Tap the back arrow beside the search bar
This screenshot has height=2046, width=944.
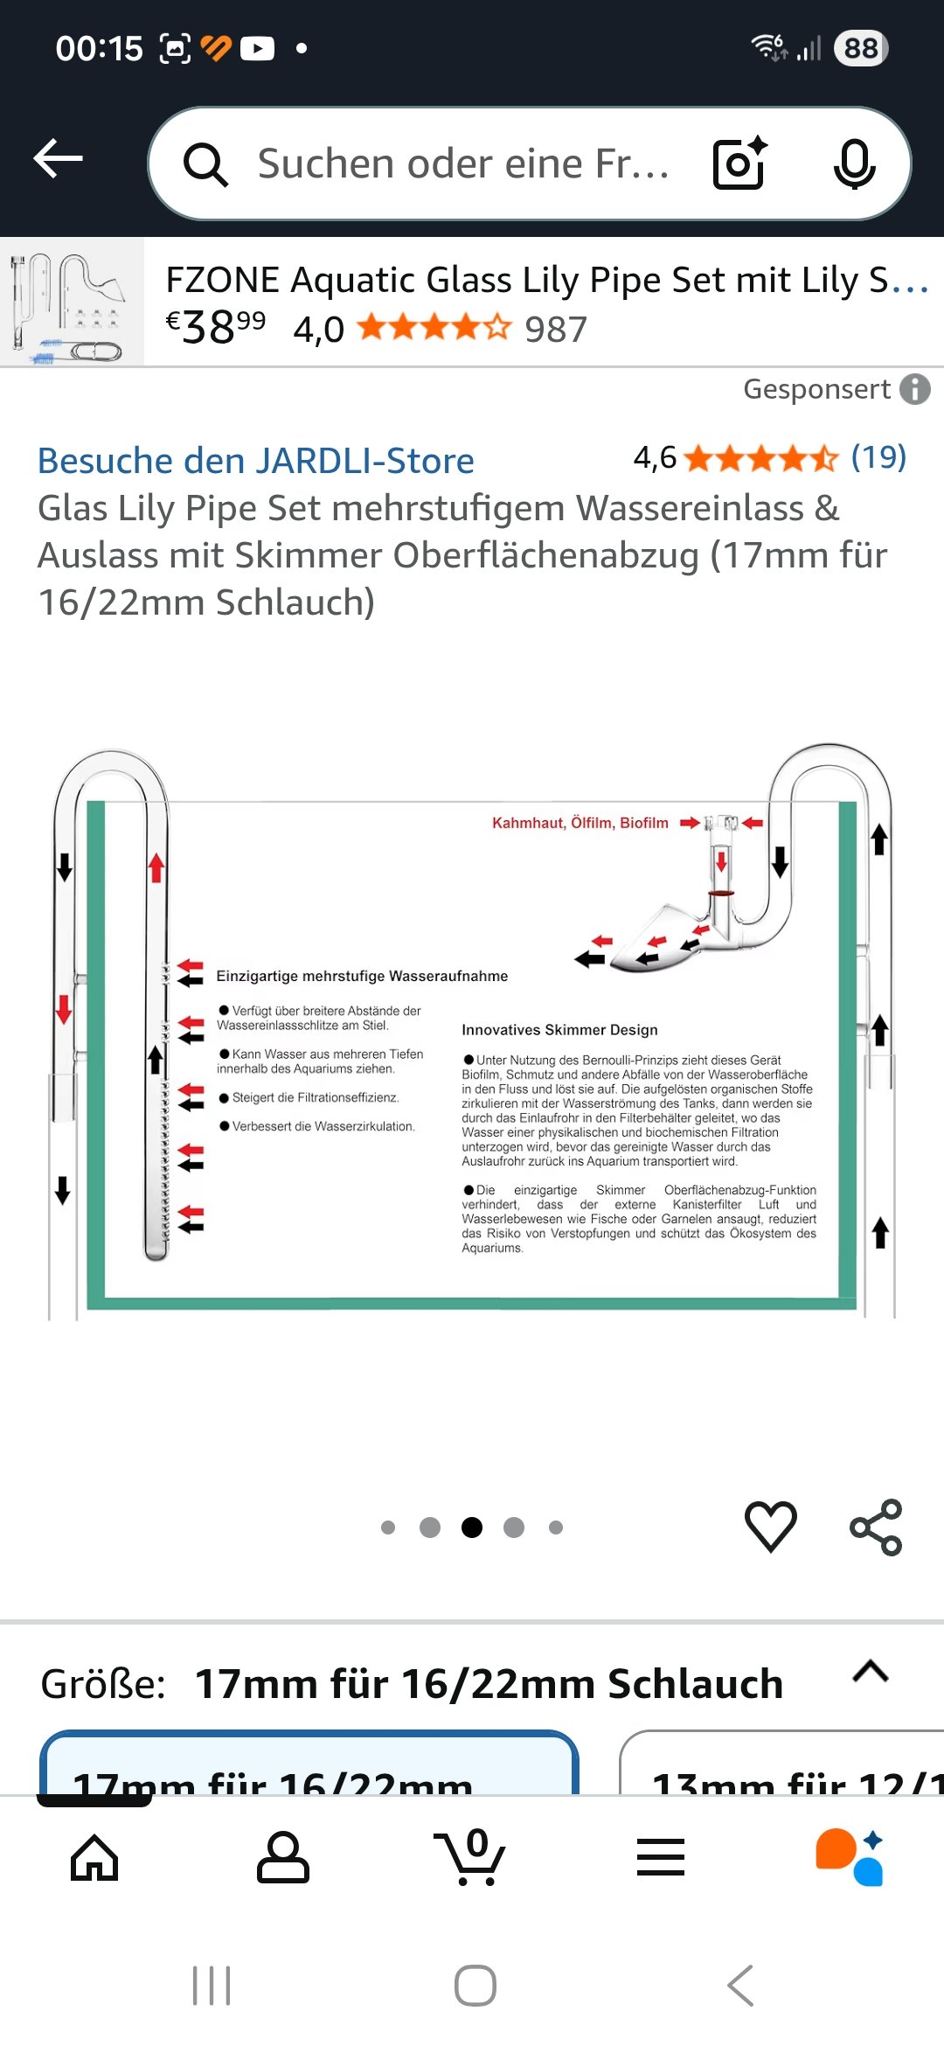[59, 158]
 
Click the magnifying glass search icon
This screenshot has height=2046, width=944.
[205, 164]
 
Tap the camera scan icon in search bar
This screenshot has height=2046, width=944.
[739, 164]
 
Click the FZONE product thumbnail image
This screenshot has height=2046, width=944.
[73, 302]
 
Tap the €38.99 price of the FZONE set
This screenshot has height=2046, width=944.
[216, 328]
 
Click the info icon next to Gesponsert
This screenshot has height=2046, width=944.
[915, 389]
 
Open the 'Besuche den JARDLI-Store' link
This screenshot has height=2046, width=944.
[255, 461]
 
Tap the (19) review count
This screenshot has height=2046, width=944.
[878, 457]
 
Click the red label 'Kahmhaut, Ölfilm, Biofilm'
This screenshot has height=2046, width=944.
[580, 823]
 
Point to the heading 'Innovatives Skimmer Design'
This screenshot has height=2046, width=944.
[559, 1030]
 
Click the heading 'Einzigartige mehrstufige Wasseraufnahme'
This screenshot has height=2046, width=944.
[362, 976]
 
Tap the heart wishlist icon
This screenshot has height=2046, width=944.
[770, 1527]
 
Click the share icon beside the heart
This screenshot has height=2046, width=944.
[876, 1527]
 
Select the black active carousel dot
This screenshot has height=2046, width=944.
[472, 1528]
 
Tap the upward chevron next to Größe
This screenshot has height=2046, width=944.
[870, 1671]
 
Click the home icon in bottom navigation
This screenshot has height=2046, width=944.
[94, 1857]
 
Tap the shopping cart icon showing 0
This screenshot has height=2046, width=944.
[471, 1857]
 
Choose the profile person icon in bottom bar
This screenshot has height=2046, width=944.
[283, 1857]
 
